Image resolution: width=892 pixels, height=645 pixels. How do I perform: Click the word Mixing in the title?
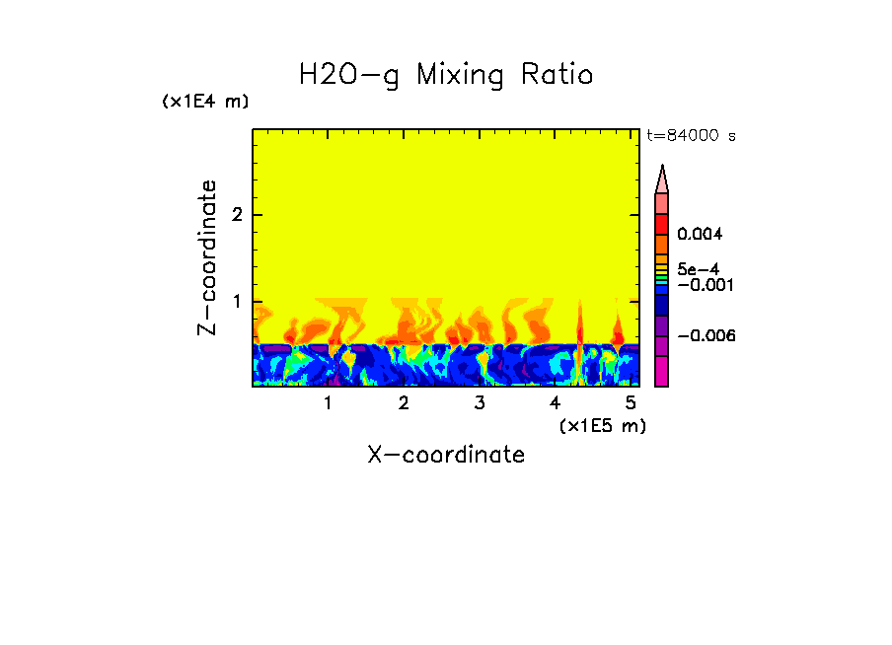(x=458, y=76)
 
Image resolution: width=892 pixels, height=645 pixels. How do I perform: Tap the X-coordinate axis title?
(x=446, y=455)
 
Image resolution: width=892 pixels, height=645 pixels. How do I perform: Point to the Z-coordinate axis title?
(x=207, y=257)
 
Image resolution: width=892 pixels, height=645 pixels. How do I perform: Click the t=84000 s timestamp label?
(x=691, y=136)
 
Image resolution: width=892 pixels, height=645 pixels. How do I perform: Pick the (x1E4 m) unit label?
(x=205, y=102)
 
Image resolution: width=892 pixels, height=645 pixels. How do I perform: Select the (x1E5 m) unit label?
(x=602, y=425)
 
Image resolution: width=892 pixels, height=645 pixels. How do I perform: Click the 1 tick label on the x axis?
(x=329, y=403)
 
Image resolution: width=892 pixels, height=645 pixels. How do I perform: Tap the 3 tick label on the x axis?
(x=480, y=403)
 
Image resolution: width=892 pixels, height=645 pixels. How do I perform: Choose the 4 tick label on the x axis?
(x=555, y=403)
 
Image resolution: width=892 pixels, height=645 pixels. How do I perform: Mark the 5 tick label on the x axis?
(x=631, y=403)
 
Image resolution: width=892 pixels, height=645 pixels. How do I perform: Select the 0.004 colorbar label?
(x=700, y=235)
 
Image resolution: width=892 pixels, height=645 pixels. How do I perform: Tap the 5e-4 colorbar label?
(x=697, y=268)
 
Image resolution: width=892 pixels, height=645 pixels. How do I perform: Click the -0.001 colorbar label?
(x=700, y=284)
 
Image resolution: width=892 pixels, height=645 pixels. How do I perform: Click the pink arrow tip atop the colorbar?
(x=662, y=179)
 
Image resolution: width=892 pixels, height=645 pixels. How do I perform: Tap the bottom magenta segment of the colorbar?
(x=662, y=373)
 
